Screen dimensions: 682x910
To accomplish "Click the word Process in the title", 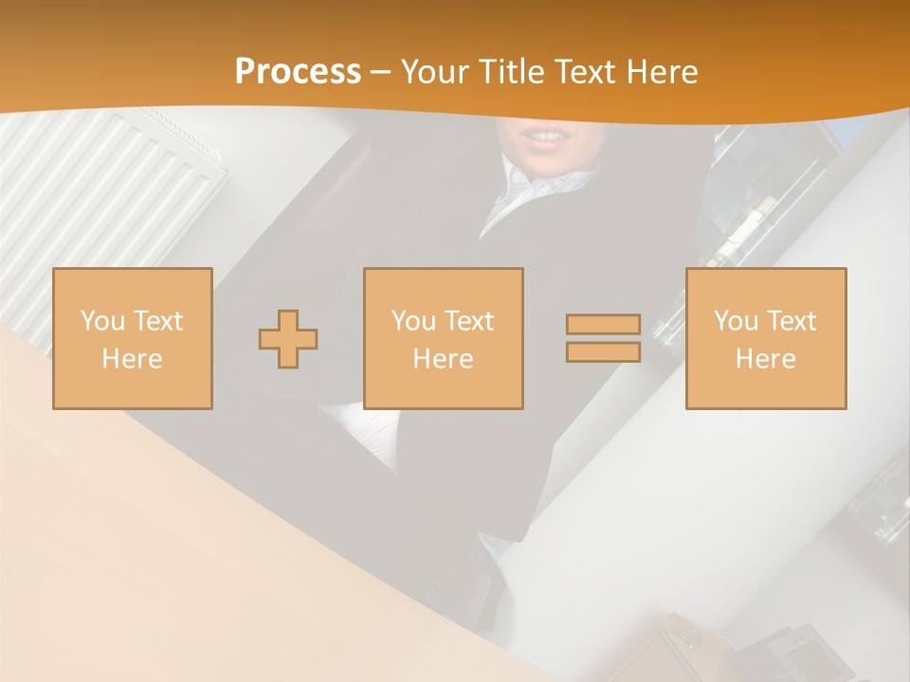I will click(x=298, y=72).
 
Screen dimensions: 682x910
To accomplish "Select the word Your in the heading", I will click(x=437, y=72).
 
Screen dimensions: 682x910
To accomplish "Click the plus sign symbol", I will click(x=288, y=339).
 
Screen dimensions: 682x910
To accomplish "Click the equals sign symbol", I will click(x=603, y=338).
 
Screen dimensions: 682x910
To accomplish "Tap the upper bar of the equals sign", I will click(x=603, y=325).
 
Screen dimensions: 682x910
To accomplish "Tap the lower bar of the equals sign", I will click(x=603, y=351).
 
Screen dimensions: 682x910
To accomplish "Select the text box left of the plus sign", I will click(x=132, y=338).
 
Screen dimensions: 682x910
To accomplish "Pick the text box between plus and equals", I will click(x=443, y=338).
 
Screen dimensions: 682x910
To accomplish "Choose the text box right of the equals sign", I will click(x=765, y=338).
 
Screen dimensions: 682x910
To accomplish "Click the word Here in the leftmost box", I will click(x=132, y=359).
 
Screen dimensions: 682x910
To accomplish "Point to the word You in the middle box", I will click(x=413, y=321).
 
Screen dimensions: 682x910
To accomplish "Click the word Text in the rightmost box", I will click(x=791, y=321).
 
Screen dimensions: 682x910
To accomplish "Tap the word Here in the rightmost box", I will click(x=765, y=359).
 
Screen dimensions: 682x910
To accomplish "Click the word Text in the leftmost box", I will click(x=157, y=321).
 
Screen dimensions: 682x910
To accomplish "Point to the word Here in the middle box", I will click(x=443, y=359).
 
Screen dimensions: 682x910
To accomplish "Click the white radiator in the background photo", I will click(x=104, y=189).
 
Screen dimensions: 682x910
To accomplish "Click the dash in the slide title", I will click(x=380, y=73).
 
